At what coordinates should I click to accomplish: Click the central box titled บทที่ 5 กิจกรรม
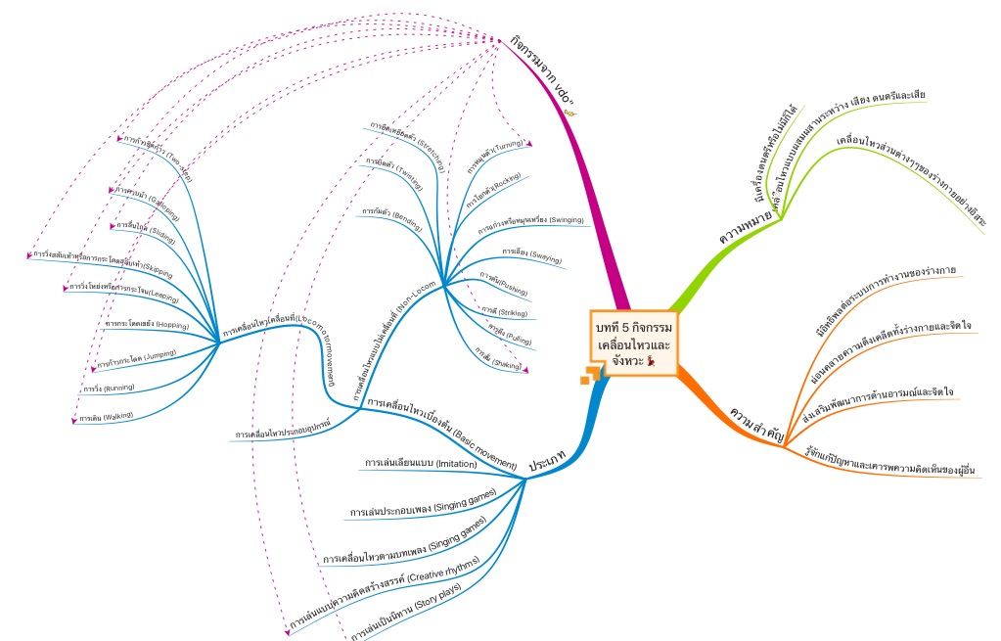point(633,343)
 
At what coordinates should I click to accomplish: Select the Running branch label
point(109,389)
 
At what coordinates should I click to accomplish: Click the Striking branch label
point(505,312)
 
